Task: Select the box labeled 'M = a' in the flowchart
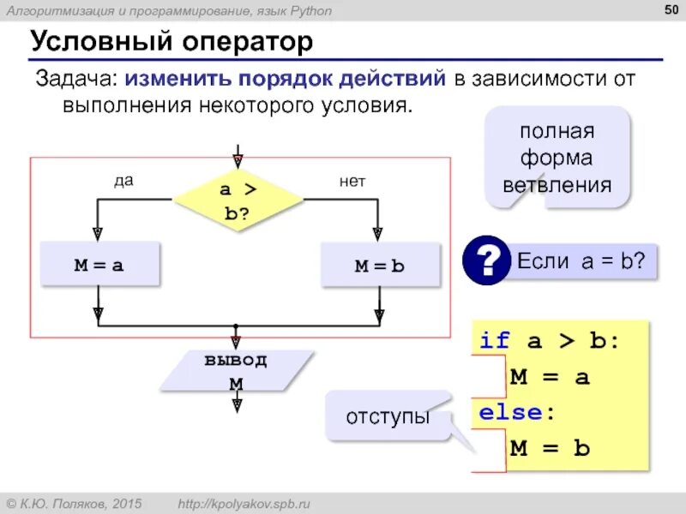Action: coord(99,265)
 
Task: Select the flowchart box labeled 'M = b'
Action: coord(380,266)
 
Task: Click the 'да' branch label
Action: coord(123,181)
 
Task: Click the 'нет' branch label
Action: coord(352,181)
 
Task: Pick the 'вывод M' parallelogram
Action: coord(236,371)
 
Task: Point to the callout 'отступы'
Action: coord(388,417)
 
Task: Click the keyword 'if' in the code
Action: coord(495,341)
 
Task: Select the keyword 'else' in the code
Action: coord(511,413)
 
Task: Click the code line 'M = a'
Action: coord(550,377)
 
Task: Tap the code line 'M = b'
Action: coord(550,448)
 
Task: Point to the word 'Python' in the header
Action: coord(306,10)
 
